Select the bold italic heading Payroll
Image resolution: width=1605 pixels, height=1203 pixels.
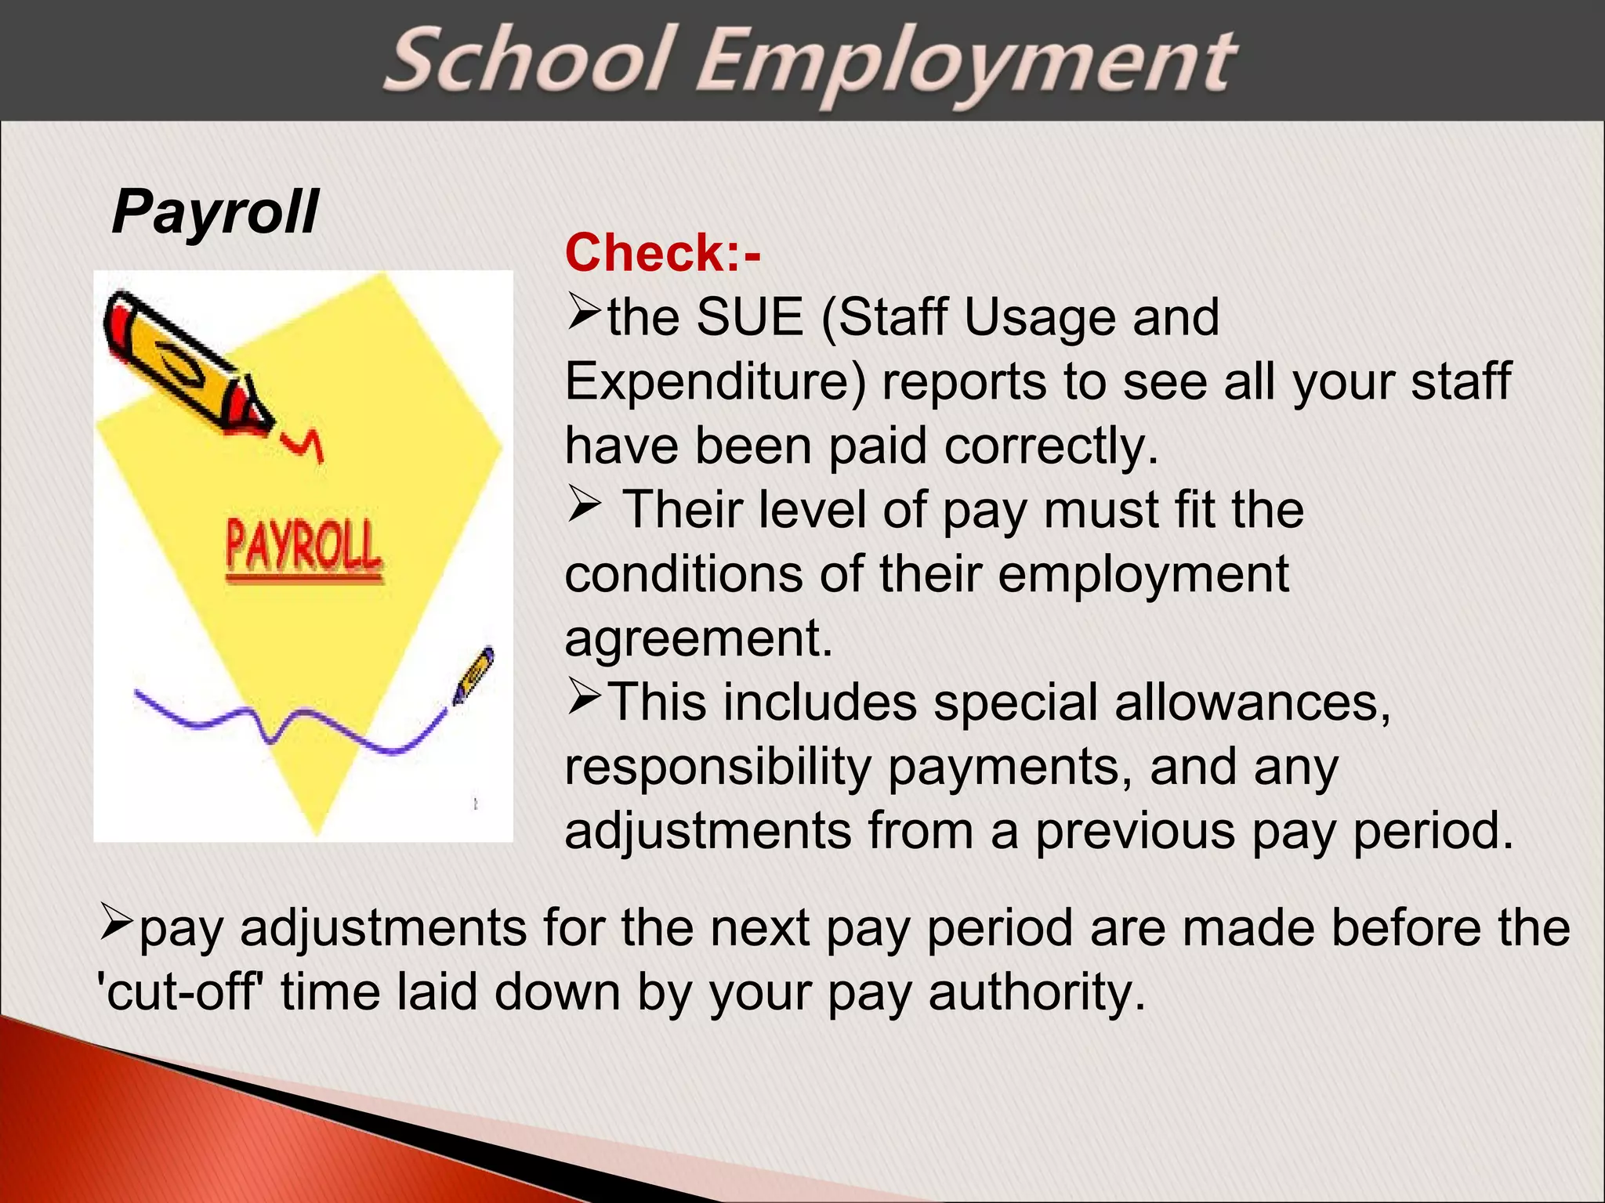215,212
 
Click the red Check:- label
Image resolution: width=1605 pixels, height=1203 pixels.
662,253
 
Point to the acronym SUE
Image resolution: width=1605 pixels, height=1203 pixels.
750,317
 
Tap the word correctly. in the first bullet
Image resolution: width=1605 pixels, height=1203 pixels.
1051,446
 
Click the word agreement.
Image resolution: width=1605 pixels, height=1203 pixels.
698,638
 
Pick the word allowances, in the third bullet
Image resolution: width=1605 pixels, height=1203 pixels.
1252,702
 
